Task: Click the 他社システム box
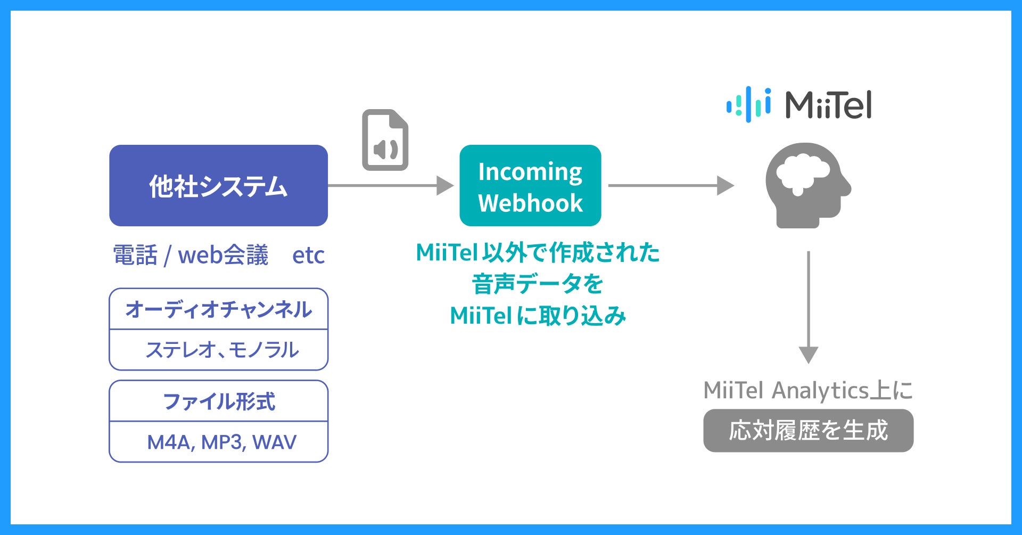tap(218, 185)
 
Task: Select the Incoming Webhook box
tap(530, 185)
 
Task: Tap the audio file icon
tap(385, 140)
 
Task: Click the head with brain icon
tap(807, 185)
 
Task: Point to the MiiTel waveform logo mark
tap(748, 104)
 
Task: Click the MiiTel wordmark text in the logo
tap(828, 105)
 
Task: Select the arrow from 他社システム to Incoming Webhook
tap(391, 185)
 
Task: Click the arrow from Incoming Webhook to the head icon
tap(671, 185)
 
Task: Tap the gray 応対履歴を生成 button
tap(808, 431)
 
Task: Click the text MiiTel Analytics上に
tap(808, 390)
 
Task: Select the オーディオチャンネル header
tap(218, 309)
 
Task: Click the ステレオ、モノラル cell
tap(221, 350)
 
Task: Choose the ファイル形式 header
tap(218, 401)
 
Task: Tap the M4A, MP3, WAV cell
tap(221, 442)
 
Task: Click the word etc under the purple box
tap(308, 256)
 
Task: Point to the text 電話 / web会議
tap(191, 256)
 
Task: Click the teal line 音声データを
tap(538, 284)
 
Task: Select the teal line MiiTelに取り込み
tap(538, 316)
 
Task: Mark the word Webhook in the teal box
tap(530, 203)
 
